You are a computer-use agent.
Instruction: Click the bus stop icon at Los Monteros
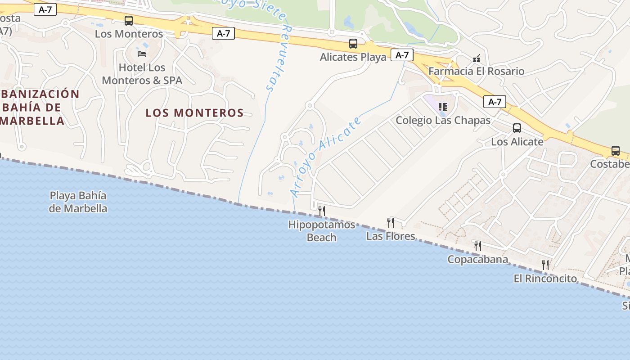click(129, 20)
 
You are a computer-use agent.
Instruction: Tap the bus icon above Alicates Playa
click(353, 44)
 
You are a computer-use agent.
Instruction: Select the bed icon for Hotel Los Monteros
click(142, 54)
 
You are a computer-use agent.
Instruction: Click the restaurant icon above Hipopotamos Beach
click(322, 211)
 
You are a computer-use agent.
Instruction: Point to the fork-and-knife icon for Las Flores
click(391, 222)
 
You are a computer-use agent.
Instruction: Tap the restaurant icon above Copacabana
click(478, 246)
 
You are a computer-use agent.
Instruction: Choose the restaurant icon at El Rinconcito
click(545, 265)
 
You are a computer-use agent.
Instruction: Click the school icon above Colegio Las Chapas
click(443, 107)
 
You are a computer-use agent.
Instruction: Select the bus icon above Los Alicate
click(517, 128)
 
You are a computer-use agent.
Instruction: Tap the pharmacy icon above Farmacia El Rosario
click(476, 58)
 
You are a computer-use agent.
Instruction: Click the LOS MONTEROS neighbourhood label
click(194, 113)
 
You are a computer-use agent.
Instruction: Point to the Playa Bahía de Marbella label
click(78, 202)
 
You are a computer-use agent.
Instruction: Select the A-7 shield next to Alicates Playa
click(402, 55)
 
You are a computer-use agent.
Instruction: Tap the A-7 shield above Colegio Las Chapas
click(495, 102)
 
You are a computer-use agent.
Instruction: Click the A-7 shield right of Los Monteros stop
click(224, 33)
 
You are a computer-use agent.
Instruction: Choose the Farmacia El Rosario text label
click(476, 71)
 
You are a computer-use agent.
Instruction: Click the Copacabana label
click(477, 259)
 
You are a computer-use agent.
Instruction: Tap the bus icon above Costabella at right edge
click(615, 151)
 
